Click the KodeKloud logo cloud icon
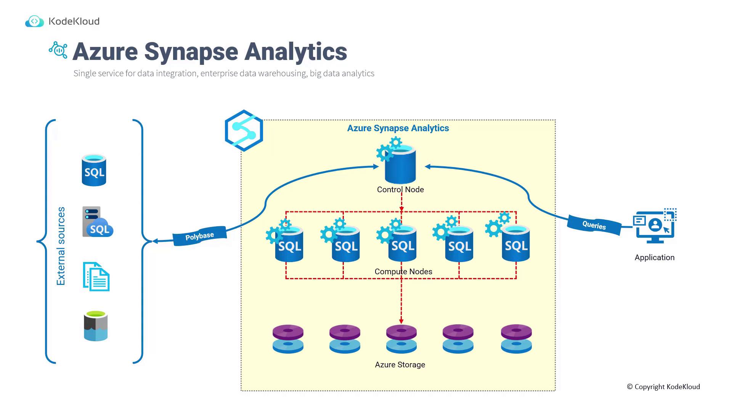tap(34, 21)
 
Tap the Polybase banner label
tap(199, 237)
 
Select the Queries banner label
tap(594, 225)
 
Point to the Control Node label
tap(400, 190)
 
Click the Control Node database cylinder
tap(400, 165)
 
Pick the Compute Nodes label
tap(403, 272)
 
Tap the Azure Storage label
tap(400, 365)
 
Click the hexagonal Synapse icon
tap(244, 130)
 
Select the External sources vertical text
tap(61, 246)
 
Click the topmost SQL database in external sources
tap(94, 171)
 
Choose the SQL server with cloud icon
tap(97, 222)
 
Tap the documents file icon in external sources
tap(96, 277)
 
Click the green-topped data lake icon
tap(96, 326)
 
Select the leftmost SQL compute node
tap(289, 244)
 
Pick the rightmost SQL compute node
tap(515, 244)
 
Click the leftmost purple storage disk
tap(288, 332)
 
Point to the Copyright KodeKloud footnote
tap(663, 387)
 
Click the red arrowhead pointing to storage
tap(401, 321)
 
